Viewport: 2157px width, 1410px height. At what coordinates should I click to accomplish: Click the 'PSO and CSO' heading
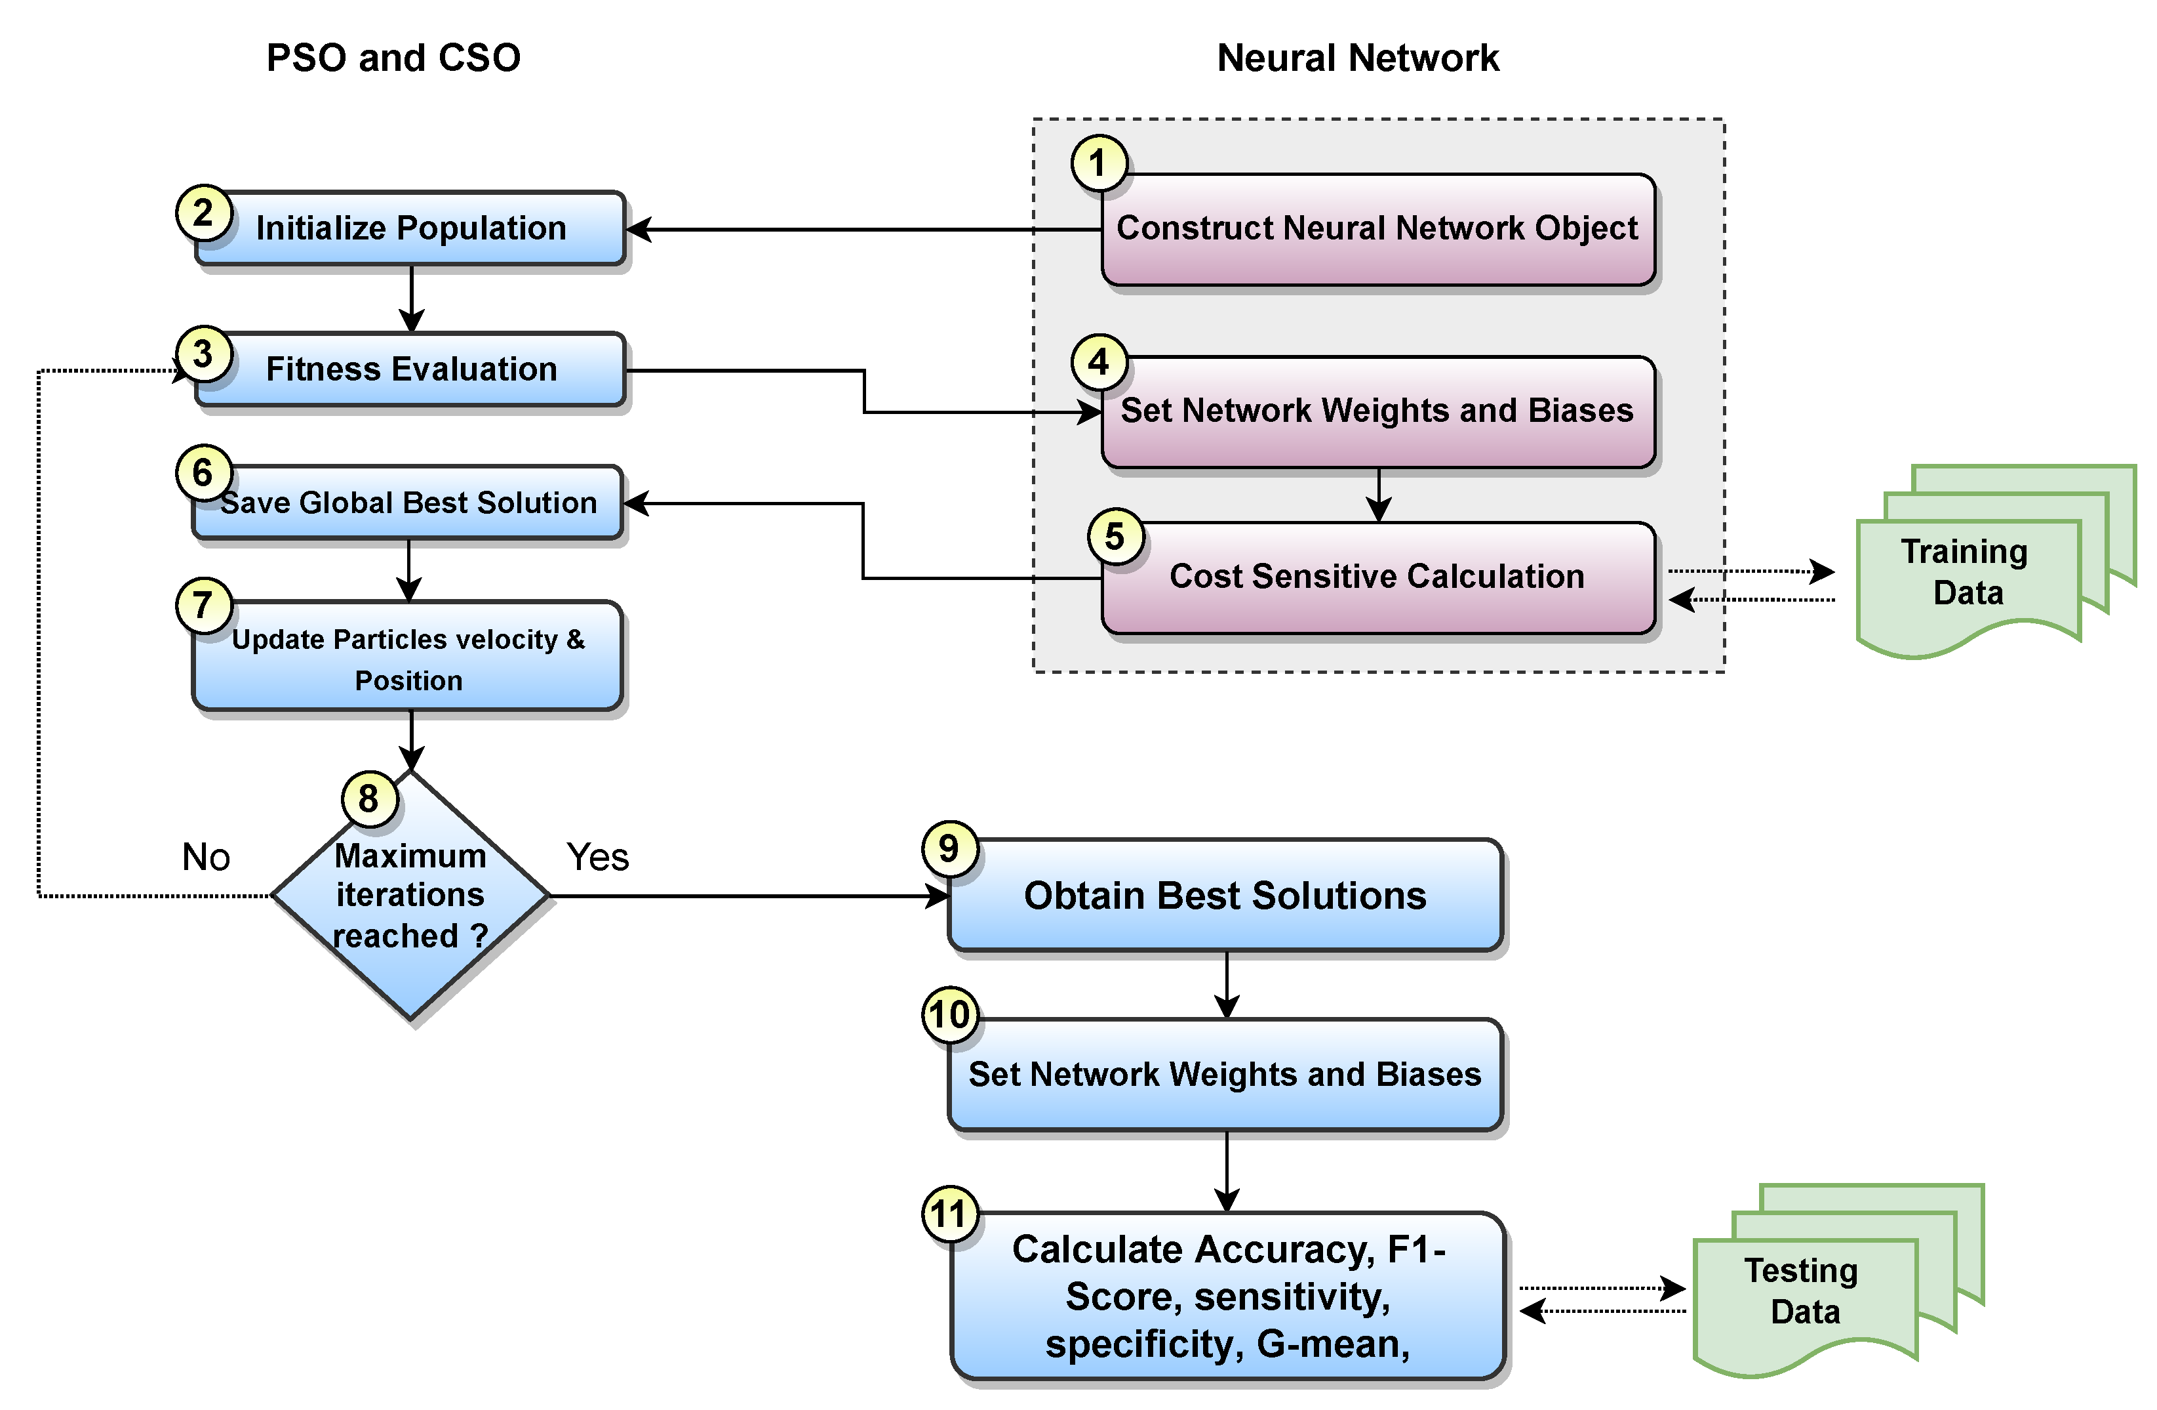tap(393, 58)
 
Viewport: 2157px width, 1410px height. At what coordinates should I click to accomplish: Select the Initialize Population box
tap(410, 228)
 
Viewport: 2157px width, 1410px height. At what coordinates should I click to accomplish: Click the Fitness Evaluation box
tap(410, 369)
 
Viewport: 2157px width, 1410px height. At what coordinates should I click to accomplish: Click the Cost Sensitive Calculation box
tap(1377, 577)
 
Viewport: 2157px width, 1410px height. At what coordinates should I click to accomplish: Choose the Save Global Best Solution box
tap(408, 503)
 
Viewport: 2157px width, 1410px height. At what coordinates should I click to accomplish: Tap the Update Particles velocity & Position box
tap(408, 657)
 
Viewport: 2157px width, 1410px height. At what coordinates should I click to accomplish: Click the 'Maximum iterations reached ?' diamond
tap(410, 896)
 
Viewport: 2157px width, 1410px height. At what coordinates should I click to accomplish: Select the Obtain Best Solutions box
tap(1225, 896)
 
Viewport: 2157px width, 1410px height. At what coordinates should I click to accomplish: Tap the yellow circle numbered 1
tap(1098, 163)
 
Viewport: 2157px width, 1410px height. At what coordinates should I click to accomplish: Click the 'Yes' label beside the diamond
tap(597, 857)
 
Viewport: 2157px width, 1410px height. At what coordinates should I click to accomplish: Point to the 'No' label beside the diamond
tap(206, 857)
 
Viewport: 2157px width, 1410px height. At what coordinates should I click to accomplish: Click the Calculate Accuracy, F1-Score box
tap(1227, 1296)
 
